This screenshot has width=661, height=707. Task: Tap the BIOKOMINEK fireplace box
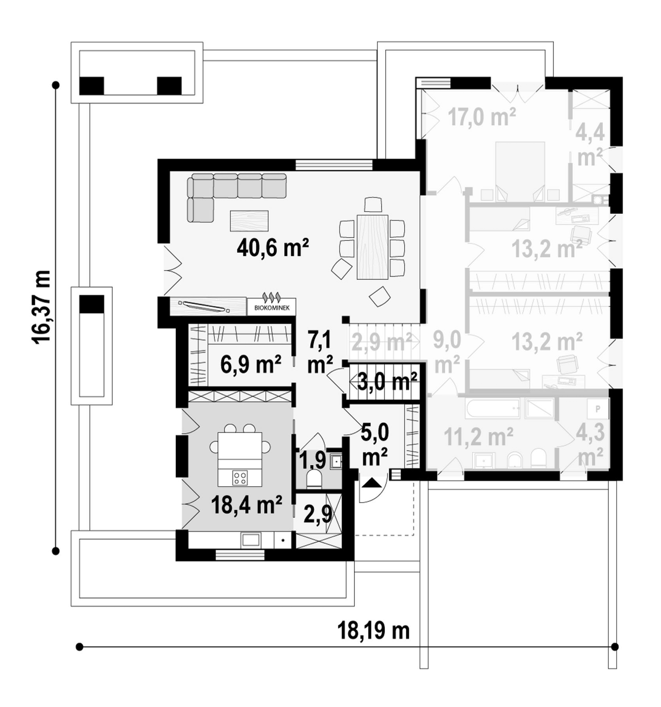(x=272, y=307)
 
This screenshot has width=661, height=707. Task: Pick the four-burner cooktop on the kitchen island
(x=240, y=477)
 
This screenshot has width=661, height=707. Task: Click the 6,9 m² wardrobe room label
(x=251, y=364)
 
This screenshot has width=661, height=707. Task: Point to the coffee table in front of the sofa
(x=249, y=221)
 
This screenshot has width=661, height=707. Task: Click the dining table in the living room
(x=372, y=247)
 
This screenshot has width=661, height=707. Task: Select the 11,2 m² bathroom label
(x=478, y=437)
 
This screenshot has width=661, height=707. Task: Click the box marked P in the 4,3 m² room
(x=598, y=409)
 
